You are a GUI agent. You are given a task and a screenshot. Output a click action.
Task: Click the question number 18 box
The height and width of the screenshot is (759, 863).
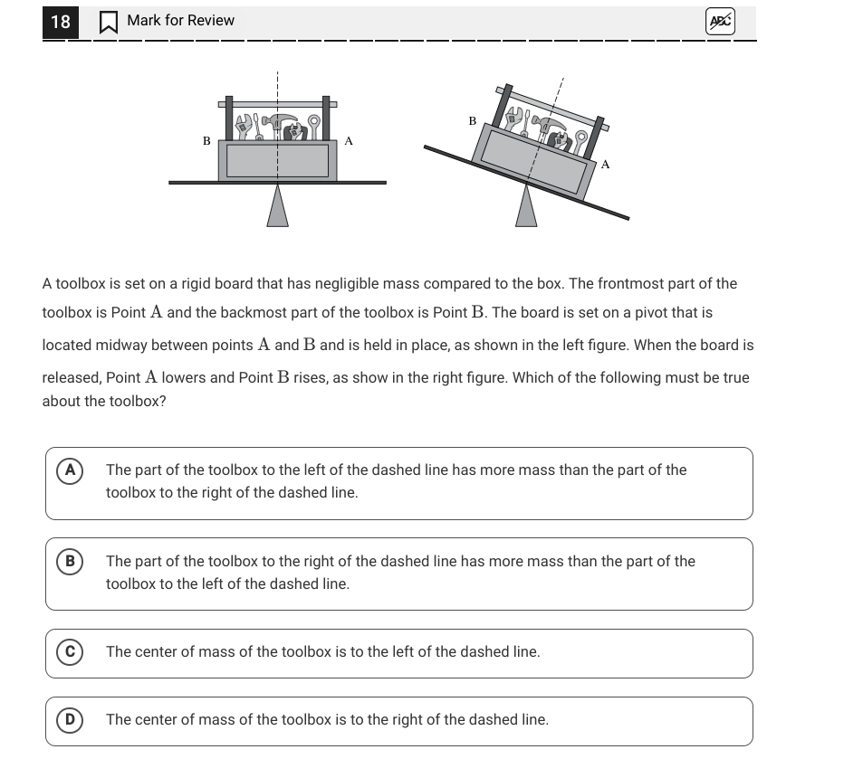pos(60,22)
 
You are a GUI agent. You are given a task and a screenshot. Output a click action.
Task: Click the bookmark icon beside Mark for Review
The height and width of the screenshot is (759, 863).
pos(108,23)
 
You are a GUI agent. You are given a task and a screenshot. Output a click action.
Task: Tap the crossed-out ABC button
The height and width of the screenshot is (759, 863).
pos(720,22)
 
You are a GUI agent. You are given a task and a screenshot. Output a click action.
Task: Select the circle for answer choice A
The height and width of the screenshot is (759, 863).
pos(69,470)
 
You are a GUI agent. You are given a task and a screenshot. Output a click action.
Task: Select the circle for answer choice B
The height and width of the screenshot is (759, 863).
pos(69,562)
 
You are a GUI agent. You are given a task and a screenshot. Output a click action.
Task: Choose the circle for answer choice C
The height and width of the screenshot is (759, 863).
pos(69,652)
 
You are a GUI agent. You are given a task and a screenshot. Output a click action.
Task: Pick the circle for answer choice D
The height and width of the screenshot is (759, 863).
pos(69,720)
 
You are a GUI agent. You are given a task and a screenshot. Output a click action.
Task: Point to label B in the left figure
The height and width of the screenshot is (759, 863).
pos(206,141)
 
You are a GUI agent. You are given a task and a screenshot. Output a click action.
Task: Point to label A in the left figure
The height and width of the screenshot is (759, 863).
pos(349,141)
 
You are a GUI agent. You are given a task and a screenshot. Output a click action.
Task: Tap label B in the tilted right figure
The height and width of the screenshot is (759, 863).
pos(472,120)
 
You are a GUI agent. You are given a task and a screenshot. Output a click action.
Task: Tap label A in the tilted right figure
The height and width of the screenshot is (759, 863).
pos(605,165)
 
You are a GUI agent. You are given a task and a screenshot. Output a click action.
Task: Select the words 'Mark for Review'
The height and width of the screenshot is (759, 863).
pos(180,21)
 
